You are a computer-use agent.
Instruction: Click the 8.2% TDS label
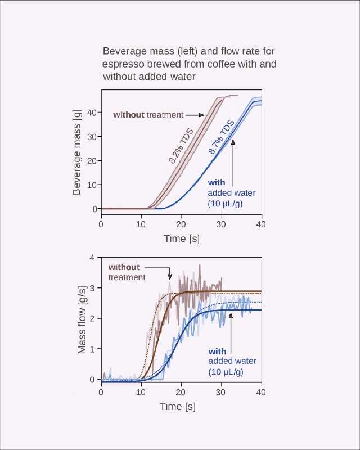[x=181, y=146]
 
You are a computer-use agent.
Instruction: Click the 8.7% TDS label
[x=221, y=139]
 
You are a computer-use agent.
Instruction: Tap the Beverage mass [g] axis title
[x=77, y=152]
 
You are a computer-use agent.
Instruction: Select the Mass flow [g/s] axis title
[x=82, y=320]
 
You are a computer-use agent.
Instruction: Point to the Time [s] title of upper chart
[x=181, y=238]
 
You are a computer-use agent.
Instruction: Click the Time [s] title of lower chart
[x=181, y=406]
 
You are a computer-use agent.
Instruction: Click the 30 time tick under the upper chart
[x=221, y=224]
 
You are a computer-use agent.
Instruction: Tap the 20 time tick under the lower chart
[x=181, y=391]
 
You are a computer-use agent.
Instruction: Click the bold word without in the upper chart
[x=129, y=115]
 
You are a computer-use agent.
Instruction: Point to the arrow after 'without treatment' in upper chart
[x=195, y=115]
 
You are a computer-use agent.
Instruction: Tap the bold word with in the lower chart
[x=217, y=351]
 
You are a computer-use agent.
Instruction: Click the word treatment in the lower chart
[x=127, y=277]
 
